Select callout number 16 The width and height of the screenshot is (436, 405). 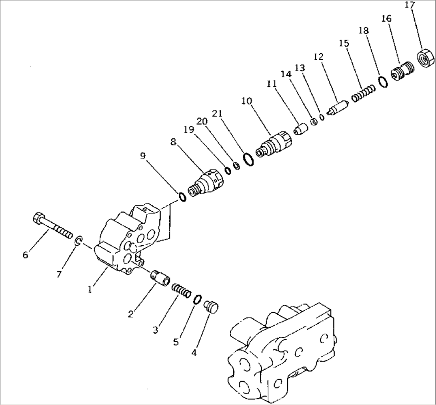pos(386,18)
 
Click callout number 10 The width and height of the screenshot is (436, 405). pos(247,101)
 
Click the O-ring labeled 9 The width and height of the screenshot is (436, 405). pos(182,197)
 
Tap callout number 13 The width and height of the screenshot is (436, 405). pos(300,68)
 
